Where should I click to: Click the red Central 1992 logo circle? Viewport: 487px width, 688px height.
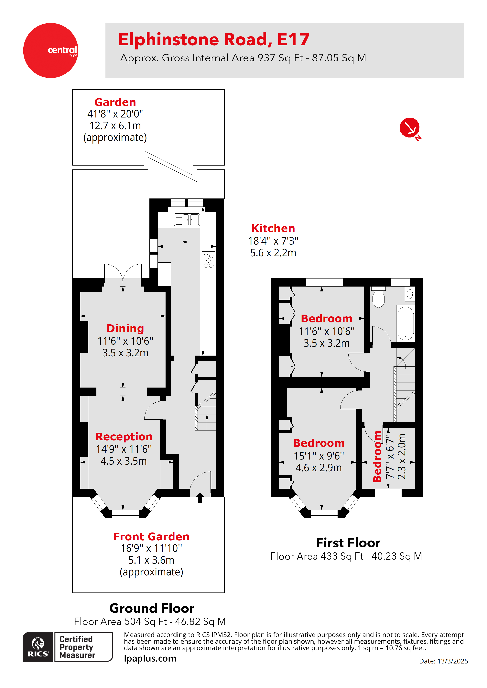50,50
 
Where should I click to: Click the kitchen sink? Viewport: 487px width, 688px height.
187,220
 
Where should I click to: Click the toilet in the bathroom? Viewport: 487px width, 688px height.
378,297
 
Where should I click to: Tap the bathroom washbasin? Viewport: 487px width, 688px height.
410,294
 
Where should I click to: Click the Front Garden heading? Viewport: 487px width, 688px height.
151,536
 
